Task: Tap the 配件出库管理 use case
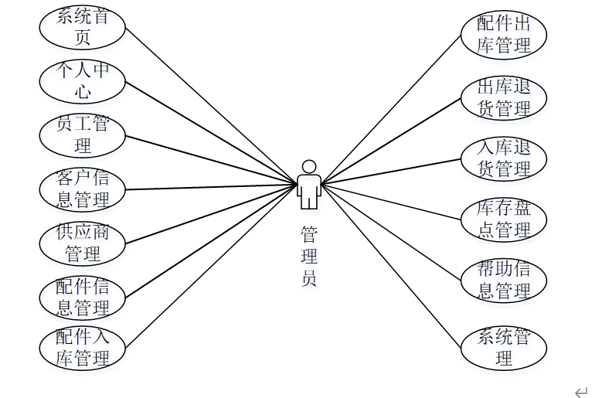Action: (504, 34)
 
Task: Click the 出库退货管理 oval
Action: (504, 98)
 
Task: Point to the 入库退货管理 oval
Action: (504, 158)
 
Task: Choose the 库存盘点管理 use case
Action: (504, 219)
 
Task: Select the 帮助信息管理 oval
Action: (504, 280)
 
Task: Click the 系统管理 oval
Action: (504, 348)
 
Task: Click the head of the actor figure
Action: (309, 167)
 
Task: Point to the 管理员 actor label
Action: (309, 256)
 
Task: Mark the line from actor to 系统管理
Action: (394, 267)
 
